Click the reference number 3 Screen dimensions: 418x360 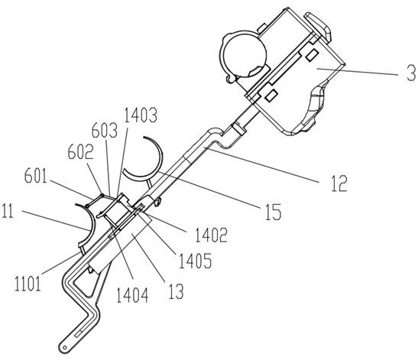coord(411,73)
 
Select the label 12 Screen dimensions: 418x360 coord(339,183)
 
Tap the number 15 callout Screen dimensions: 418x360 coord(274,212)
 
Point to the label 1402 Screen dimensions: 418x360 coord(211,235)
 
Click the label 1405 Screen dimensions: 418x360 coord(195,261)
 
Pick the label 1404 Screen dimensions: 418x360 coord(132,295)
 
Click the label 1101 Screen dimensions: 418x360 coord(28,284)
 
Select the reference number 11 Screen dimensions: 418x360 coord(7,211)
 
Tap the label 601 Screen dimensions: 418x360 coord(36,176)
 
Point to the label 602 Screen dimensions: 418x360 coord(80,152)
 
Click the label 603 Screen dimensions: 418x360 coord(105,131)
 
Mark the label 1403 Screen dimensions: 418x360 coord(141,115)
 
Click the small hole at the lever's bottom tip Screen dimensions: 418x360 coord(64,347)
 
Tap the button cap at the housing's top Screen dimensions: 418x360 coord(318,26)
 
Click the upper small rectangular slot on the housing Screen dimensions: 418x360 coord(312,54)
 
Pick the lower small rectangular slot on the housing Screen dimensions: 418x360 coord(271,96)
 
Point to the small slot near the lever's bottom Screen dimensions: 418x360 coord(78,333)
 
